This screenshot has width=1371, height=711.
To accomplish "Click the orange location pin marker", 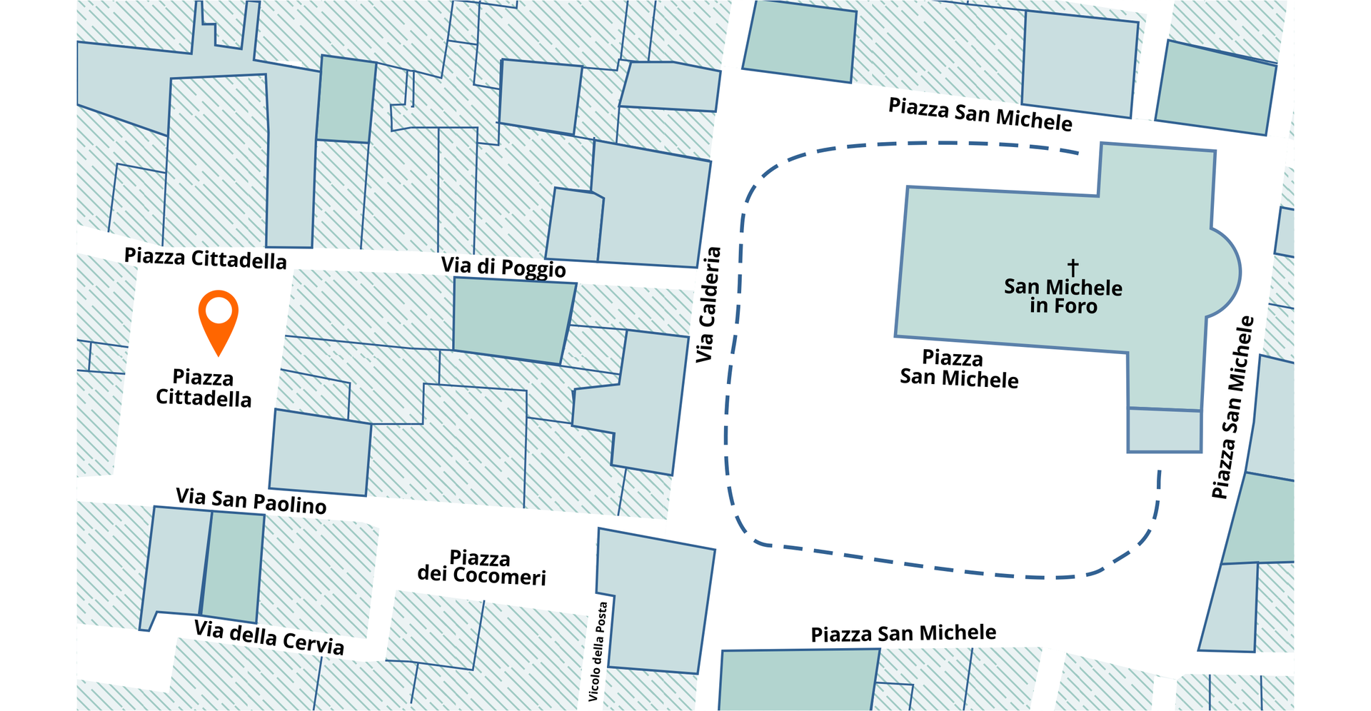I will click(218, 318).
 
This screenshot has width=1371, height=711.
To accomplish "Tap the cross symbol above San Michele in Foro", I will click(1073, 268).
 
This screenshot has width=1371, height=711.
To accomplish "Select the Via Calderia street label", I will click(707, 305).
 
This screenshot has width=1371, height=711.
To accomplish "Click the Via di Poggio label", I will click(503, 267).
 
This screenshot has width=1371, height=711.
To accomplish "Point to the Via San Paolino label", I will click(251, 500).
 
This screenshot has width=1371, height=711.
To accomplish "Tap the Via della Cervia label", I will click(269, 637).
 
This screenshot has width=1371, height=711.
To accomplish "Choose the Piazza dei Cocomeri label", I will click(481, 568).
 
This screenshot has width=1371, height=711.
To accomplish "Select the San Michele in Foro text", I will click(1063, 296).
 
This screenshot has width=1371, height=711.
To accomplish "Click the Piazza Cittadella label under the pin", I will click(204, 388).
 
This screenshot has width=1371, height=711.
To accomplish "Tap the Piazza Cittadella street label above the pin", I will click(206, 258).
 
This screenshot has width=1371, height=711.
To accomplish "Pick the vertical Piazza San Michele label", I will click(1233, 408).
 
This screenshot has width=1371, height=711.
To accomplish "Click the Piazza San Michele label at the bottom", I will click(903, 633).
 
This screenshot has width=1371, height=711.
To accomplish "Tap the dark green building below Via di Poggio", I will click(511, 319).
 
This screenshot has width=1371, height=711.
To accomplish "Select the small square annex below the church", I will click(1164, 431).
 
